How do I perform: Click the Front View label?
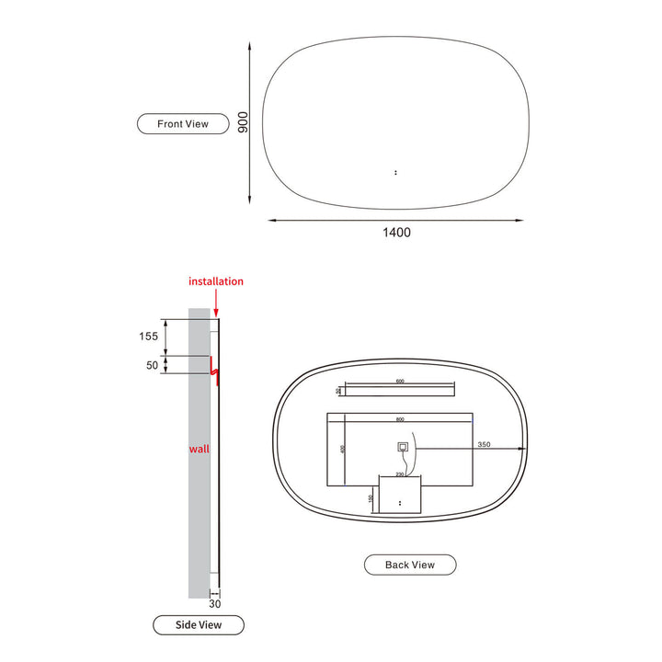click(x=182, y=123)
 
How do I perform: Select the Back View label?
click(x=410, y=565)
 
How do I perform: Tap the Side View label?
click(x=199, y=625)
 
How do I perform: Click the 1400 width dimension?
click(x=396, y=233)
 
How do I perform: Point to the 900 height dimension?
click(x=244, y=122)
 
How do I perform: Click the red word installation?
click(x=216, y=281)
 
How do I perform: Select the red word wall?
click(x=200, y=449)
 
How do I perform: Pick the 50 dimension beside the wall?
click(x=151, y=365)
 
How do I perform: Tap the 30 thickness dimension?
click(x=215, y=604)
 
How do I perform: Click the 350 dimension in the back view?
click(x=485, y=445)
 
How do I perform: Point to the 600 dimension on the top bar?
click(x=400, y=382)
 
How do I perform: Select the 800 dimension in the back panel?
click(x=400, y=419)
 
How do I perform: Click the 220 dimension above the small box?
click(x=400, y=474)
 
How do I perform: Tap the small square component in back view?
click(x=403, y=448)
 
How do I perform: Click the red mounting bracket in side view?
click(x=214, y=370)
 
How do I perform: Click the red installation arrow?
click(x=216, y=303)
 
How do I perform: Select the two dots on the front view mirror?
click(x=395, y=171)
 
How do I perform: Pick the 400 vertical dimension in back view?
click(x=340, y=450)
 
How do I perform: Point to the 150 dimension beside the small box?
click(x=371, y=498)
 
